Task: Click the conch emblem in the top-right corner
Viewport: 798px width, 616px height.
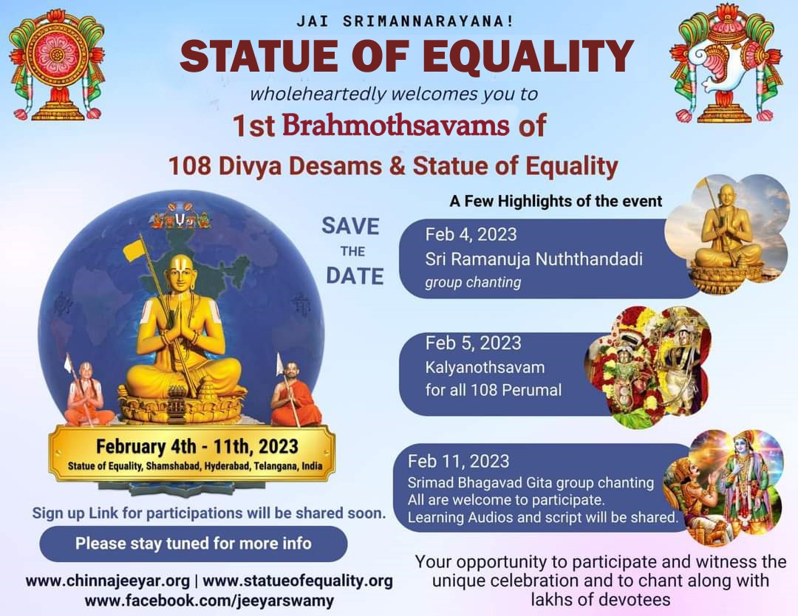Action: point(726,64)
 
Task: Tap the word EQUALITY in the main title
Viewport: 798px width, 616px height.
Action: point(528,56)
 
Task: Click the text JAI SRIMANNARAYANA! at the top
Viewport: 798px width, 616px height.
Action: point(405,21)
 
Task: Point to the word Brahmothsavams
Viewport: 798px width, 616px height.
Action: point(395,125)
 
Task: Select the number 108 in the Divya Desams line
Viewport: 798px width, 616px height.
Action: point(189,166)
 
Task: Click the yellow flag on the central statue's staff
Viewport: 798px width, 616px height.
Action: point(134,251)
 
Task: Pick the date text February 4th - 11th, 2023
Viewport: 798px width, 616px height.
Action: point(197,447)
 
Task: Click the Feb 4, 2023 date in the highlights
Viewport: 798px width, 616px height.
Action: point(471,234)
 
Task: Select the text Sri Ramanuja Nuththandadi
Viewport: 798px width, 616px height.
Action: point(534,259)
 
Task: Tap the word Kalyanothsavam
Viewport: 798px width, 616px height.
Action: point(485,367)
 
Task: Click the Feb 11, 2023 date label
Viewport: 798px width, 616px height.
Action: point(458,462)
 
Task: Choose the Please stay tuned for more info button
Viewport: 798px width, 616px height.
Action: point(194,544)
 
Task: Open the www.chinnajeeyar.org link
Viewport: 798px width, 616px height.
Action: point(107,581)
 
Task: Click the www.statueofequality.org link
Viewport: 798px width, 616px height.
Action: point(298,581)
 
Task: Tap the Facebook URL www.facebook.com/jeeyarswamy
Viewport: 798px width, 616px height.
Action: point(209,600)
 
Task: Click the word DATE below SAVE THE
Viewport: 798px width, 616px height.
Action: point(355,276)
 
